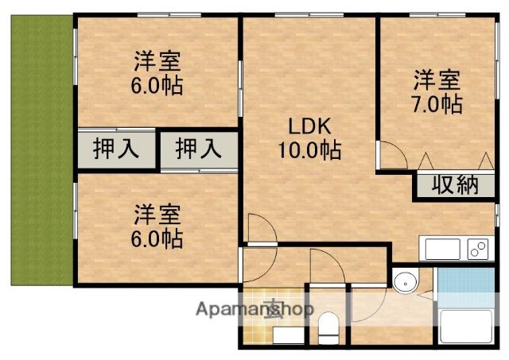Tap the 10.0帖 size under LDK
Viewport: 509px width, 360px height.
[309, 149]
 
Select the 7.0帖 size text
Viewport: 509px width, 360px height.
[437, 103]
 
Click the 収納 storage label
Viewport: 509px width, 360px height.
[455, 185]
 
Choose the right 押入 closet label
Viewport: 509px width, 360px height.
[198, 149]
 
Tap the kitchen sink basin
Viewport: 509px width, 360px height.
[443, 250]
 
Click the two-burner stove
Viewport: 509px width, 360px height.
[478, 250]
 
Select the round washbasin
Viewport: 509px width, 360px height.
[406, 282]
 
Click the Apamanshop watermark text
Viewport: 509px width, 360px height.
[254, 309]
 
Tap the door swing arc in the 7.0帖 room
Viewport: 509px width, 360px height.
[390, 153]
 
